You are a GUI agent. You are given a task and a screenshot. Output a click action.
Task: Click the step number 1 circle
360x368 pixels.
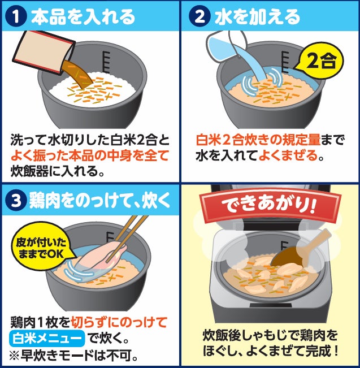(x=16, y=16)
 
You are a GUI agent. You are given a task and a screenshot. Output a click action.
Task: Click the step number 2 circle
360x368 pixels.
(x=199, y=16)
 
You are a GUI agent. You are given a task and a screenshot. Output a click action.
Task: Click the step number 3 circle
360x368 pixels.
(x=16, y=201)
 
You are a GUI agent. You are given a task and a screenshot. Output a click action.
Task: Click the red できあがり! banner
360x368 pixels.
(x=269, y=205)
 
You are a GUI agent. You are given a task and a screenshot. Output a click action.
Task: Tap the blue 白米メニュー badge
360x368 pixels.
(x=47, y=338)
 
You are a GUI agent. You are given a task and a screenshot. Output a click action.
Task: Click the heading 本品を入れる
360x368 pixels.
(x=83, y=16)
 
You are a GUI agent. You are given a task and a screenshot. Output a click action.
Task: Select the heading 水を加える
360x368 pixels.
(x=257, y=16)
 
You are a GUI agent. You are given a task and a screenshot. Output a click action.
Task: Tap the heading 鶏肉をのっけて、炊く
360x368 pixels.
(x=99, y=201)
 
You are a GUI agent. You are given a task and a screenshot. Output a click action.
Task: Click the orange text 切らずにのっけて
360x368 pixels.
(x=119, y=322)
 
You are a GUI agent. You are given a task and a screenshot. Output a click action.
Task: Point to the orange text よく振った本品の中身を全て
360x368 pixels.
(x=90, y=155)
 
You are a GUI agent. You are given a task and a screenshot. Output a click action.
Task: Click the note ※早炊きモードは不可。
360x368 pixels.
(x=73, y=356)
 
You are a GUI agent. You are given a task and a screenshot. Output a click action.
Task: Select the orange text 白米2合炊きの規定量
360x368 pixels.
(x=258, y=140)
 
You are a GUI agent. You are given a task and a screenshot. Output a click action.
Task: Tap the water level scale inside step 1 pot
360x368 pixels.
(x=106, y=62)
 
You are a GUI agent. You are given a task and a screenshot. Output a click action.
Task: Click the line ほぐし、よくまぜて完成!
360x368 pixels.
(x=270, y=350)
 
